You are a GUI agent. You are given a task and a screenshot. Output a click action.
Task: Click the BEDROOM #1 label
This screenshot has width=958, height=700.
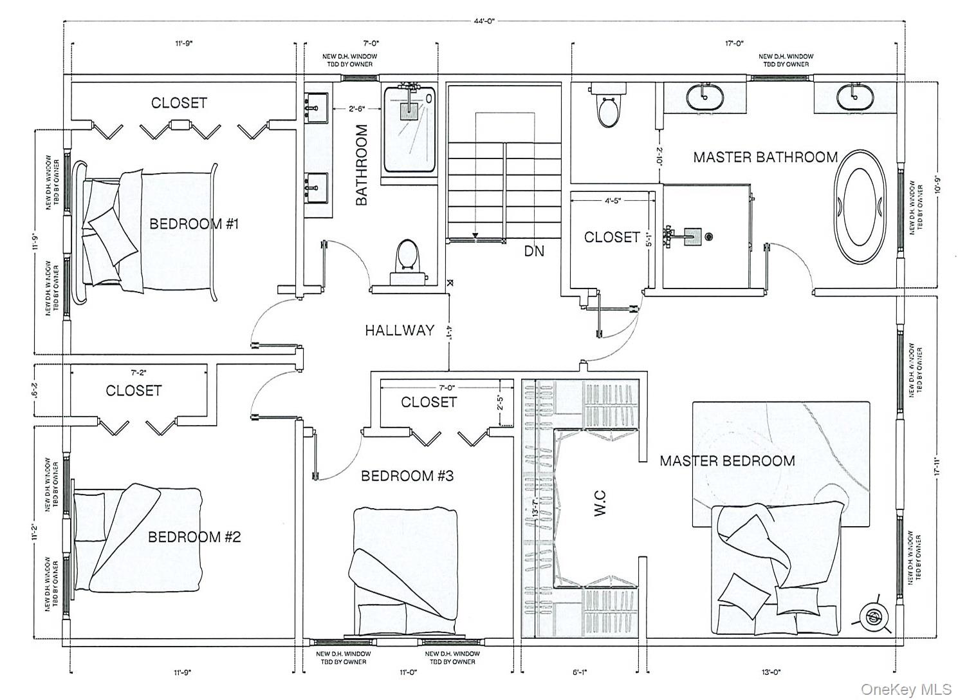(194, 224)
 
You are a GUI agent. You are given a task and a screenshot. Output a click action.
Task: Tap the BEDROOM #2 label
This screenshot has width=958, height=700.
(194, 537)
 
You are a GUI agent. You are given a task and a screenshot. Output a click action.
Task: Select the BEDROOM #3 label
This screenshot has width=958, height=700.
(407, 476)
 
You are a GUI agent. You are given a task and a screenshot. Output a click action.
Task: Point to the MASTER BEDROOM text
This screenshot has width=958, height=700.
(727, 461)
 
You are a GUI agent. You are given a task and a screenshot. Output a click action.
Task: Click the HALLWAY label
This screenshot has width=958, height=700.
(400, 330)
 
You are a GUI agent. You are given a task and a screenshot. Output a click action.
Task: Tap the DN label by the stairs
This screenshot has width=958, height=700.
(533, 251)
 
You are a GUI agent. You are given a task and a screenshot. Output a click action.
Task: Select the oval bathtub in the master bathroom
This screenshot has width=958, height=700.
(864, 206)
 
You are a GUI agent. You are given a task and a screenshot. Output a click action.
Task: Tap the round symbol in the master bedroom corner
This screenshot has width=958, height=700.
(873, 618)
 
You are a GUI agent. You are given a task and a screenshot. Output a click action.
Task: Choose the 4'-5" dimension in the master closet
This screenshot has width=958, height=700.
(612, 200)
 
